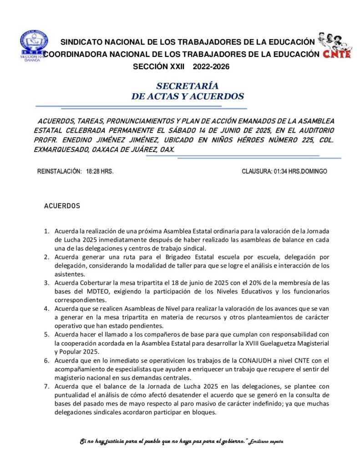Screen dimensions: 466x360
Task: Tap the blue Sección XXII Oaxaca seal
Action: (x=33, y=46)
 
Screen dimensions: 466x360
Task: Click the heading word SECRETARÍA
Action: (x=187, y=86)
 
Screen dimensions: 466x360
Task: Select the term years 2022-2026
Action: (x=211, y=66)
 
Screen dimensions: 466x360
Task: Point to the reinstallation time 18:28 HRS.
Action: (x=100, y=172)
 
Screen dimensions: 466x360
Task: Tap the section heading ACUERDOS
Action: (x=62, y=206)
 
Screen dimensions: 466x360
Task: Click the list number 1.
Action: (x=46, y=231)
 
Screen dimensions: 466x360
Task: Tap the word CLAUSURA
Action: (x=257, y=172)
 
